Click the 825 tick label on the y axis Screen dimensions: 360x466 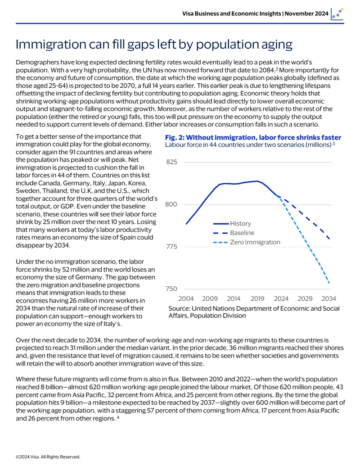point(171,162)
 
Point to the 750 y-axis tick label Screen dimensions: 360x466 point(171,289)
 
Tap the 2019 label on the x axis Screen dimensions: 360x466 point(257,299)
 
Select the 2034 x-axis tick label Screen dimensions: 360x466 point(328,299)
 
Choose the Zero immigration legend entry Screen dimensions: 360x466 point(247,242)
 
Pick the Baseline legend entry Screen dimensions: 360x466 point(234,233)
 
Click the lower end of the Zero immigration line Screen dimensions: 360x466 point(329,283)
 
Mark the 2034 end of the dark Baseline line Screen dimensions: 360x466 point(329,239)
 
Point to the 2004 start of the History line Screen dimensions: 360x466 point(186,224)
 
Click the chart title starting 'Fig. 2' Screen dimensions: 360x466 point(253,137)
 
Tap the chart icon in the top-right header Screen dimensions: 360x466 point(337,14)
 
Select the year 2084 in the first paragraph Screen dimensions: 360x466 point(265,70)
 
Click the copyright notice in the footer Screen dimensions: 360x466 point(48,457)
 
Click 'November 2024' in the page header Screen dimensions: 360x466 point(306,14)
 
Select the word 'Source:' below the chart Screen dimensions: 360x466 point(179,308)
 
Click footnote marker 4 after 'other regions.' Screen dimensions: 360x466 point(118,417)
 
